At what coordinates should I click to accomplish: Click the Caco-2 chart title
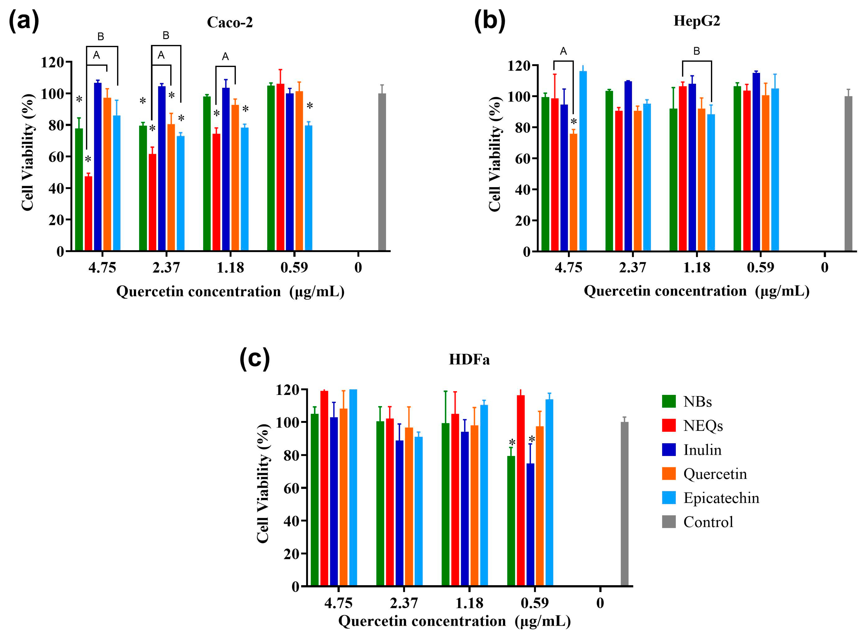tap(230, 22)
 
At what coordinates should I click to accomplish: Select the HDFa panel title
tap(469, 360)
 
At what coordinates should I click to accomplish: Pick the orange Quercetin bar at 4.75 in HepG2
tap(573, 193)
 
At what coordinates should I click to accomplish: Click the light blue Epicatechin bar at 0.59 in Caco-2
tap(308, 189)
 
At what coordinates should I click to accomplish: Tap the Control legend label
tap(708, 522)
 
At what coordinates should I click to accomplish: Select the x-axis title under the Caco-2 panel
tap(230, 292)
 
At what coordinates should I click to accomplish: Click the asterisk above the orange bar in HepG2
tap(574, 122)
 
